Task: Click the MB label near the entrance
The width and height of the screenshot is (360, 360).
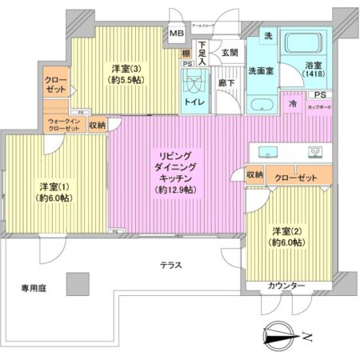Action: (176, 34)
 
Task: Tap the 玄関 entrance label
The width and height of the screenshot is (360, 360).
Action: (230, 52)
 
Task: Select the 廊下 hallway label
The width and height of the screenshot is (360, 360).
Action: (226, 82)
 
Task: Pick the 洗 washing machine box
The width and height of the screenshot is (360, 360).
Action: (268, 37)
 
